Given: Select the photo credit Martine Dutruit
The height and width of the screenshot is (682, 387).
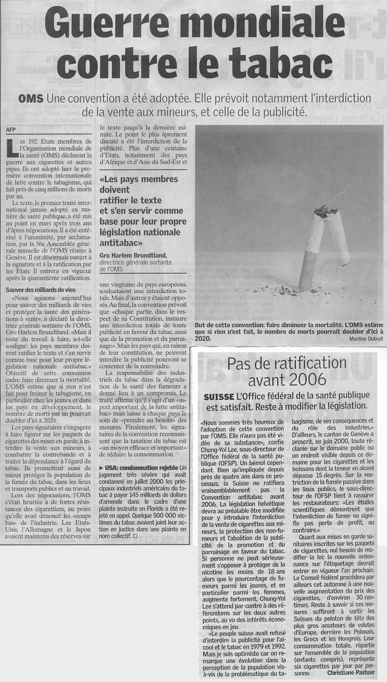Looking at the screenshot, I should click(x=361, y=338).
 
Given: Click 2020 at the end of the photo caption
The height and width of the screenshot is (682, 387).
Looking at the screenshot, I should click(x=204, y=338).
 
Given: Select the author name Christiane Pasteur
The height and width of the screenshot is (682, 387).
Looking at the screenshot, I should click(x=351, y=674).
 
